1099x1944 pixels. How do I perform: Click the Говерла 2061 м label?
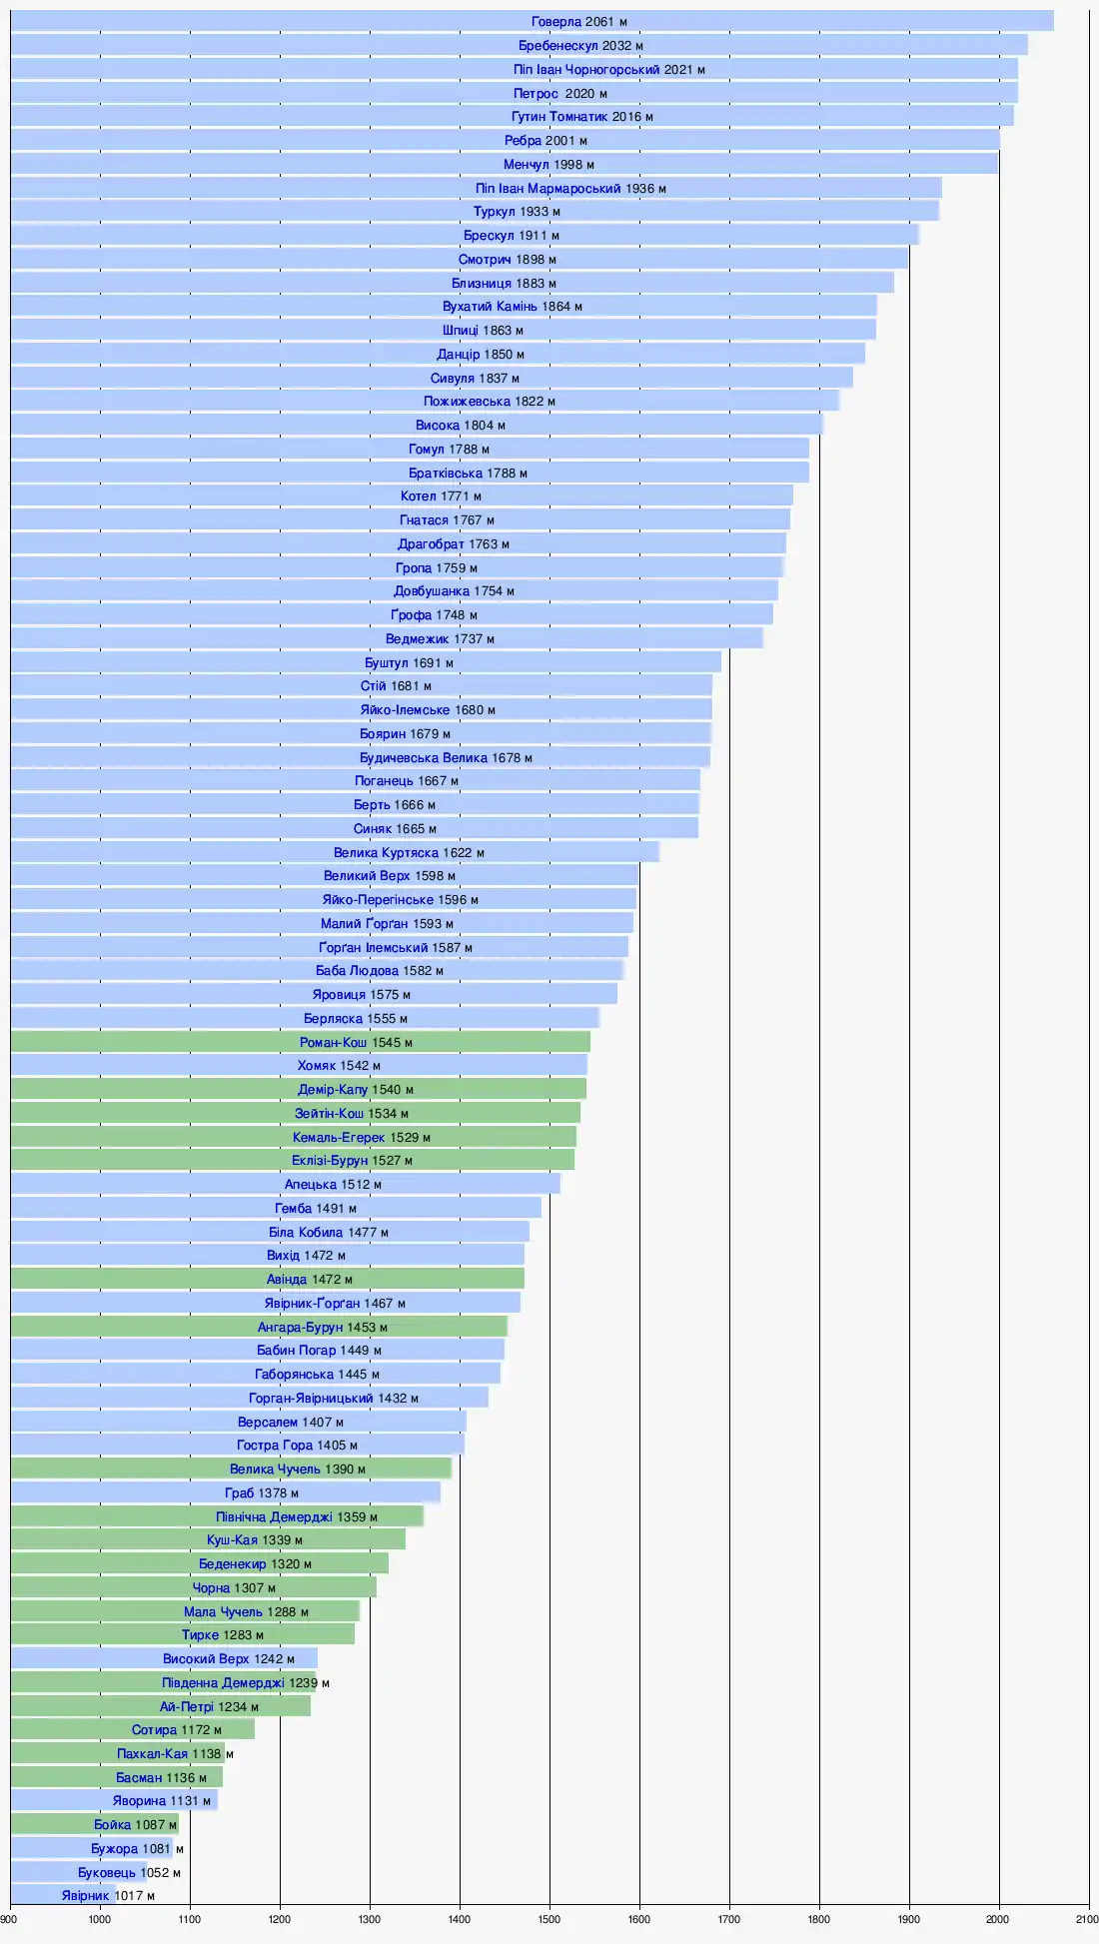[x=579, y=22]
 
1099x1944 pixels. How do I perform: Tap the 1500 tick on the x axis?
[x=549, y=1918]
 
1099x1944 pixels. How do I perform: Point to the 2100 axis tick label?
[x=1087, y=1918]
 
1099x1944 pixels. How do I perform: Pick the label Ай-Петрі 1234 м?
[x=209, y=1707]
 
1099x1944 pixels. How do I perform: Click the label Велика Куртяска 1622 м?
[x=409, y=852]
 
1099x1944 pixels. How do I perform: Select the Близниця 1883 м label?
[x=504, y=283]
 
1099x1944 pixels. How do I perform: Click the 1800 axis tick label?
[x=819, y=1918]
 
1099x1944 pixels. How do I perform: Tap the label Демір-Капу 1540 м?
[x=356, y=1089]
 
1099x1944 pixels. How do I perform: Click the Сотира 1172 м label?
[x=177, y=1729]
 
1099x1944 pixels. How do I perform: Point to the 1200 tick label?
[x=280, y=1918]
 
